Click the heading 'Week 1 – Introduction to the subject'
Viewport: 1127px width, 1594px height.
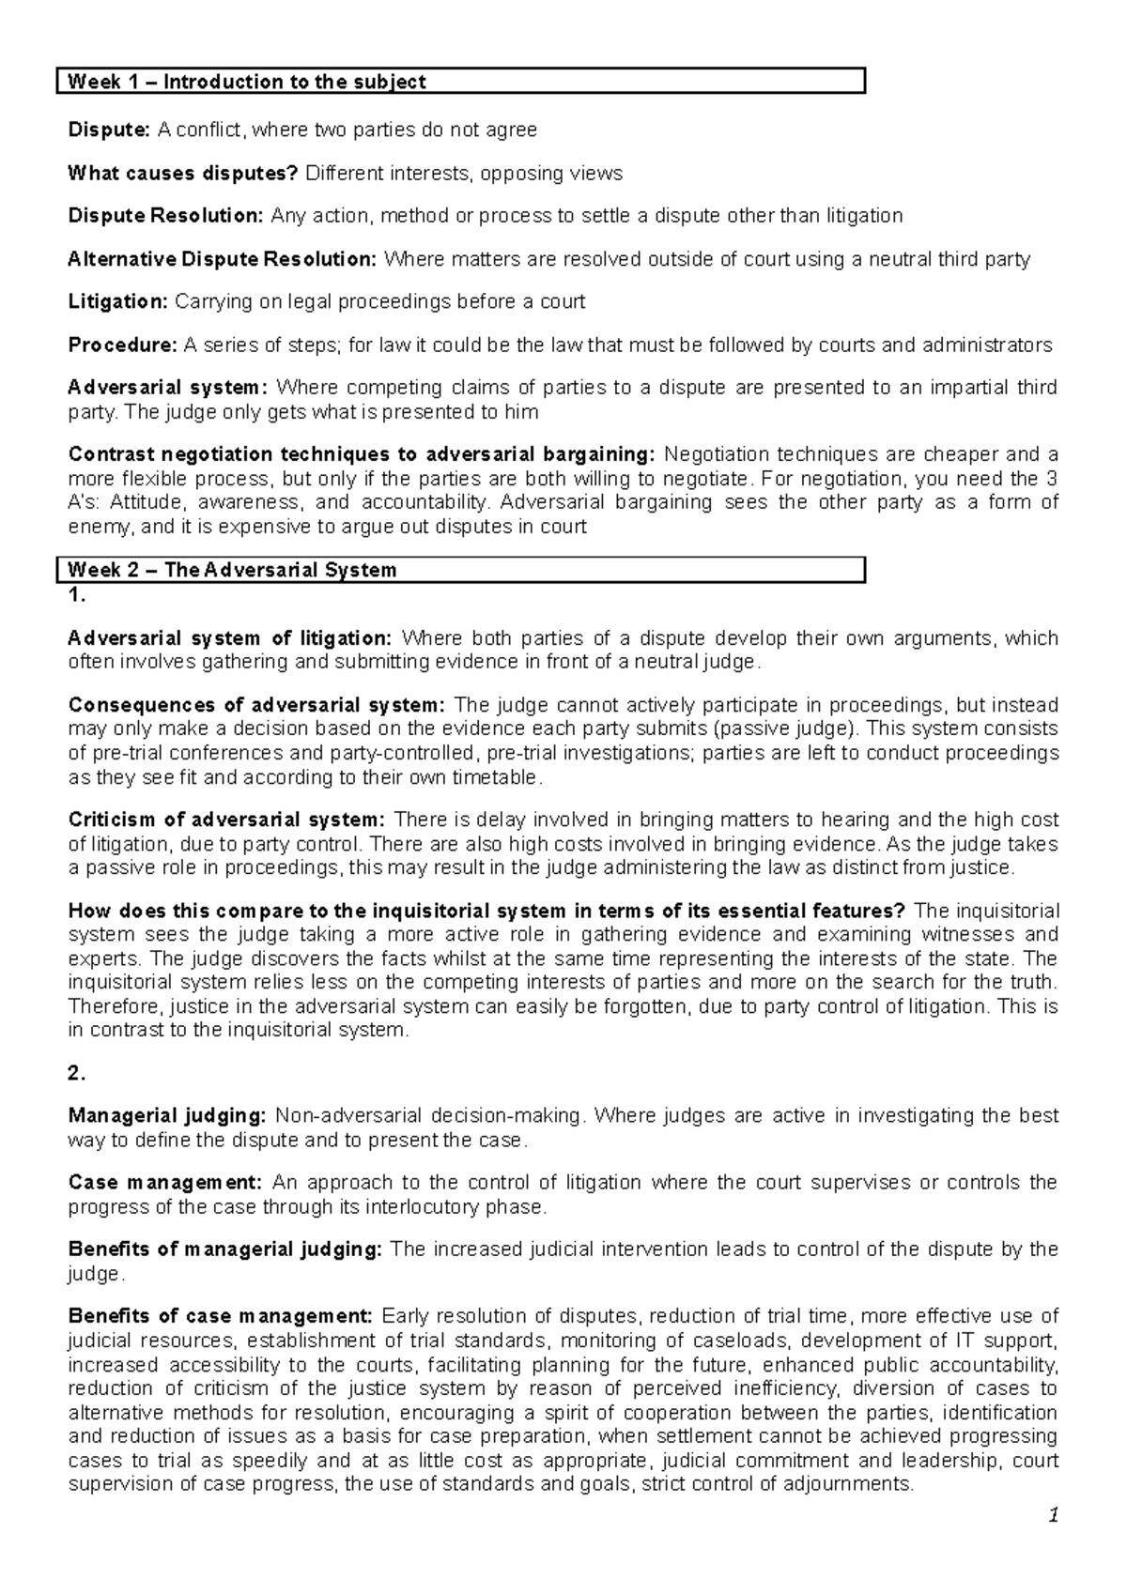click(x=247, y=82)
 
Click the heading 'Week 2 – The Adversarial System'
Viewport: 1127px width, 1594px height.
click(x=232, y=570)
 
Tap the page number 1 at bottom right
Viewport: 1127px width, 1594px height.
click(x=1054, y=1516)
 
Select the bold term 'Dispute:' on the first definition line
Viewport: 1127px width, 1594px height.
click(x=108, y=130)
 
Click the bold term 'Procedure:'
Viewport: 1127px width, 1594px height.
click(x=122, y=345)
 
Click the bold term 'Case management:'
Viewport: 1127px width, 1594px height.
click(x=157, y=1182)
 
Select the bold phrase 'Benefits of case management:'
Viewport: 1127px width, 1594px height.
click(x=221, y=1315)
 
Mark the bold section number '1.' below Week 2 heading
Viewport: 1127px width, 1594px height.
click(x=77, y=595)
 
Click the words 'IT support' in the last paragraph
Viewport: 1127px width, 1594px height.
click(x=1006, y=1340)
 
